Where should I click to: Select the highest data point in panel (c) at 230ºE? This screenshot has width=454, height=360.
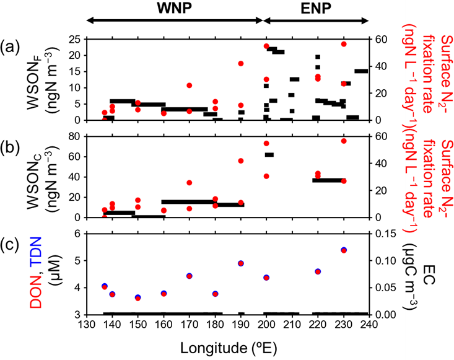coord(344,250)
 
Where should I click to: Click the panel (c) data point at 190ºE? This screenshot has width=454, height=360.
coord(242,263)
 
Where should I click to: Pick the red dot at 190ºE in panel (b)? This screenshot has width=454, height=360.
coord(242,160)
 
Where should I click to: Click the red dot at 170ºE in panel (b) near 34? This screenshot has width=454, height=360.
coord(190,183)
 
